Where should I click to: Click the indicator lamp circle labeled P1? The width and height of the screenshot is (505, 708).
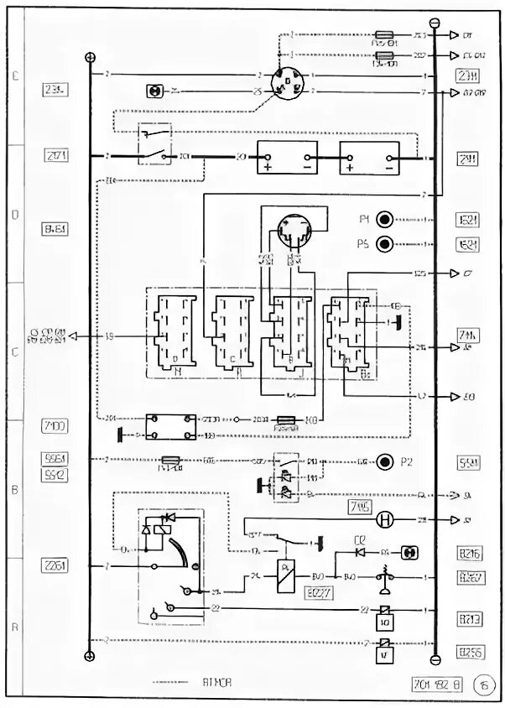pyautogui.click(x=385, y=220)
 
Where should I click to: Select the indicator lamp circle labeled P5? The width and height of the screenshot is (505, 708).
pyautogui.click(x=385, y=245)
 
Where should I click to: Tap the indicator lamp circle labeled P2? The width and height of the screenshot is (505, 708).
pyautogui.click(x=385, y=461)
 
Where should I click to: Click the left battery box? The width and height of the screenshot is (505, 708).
pyautogui.click(x=288, y=157)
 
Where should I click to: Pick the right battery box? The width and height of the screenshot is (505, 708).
pyautogui.click(x=371, y=157)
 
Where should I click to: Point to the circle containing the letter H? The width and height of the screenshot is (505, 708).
pyautogui.click(x=385, y=520)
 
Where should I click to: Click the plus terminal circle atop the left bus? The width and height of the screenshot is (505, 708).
pyautogui.click(x=91, y=57)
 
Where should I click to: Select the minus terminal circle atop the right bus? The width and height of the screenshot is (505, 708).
pyautogui.click(x=434, y=23)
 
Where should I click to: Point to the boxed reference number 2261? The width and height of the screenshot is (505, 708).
pyautogui.click(x=57, y=566)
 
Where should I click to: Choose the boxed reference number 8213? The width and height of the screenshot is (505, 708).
pyautogui.click(x=468, y=619)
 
